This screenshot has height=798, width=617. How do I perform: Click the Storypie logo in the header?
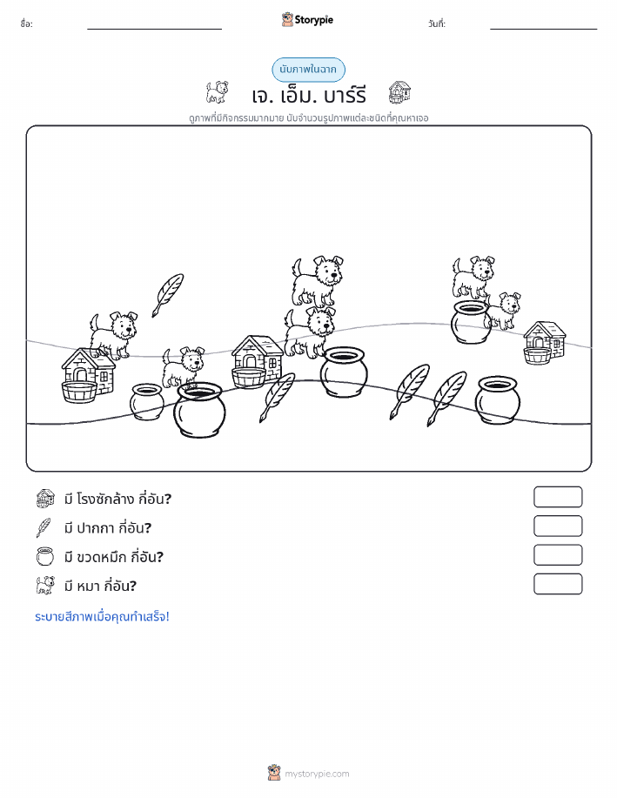pos(307,20)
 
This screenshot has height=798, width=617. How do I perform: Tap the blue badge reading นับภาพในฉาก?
pos(308,70)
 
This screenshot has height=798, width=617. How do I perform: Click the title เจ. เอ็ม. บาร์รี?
pos(308,95)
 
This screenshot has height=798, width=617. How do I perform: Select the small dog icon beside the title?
pos(217,92)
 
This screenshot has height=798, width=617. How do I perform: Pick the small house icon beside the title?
pos(399,92)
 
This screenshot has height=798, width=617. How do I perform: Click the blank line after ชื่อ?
pos(154,29)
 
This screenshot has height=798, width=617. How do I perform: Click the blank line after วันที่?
pos(543,29)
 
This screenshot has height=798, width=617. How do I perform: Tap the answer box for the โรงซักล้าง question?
pos(558,497)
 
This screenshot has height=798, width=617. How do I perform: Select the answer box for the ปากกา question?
pos(558,526)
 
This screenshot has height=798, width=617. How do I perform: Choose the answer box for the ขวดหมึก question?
pos(558,555)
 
